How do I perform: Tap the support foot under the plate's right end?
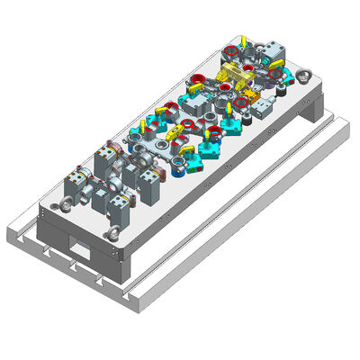point(314,114)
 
